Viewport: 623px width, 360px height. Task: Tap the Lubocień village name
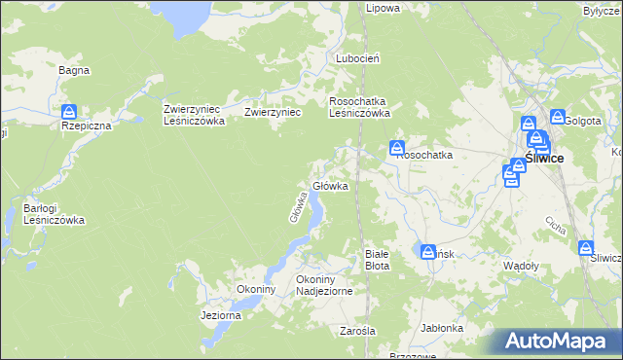tap(357, 58)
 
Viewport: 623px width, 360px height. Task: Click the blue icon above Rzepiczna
tap(68, 112)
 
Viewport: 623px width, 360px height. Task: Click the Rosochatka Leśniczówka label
tap(360, 106)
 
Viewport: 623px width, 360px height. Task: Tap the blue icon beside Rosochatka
tap(398, 149)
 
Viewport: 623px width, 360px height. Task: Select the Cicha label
tap(556, 227)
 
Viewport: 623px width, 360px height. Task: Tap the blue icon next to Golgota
tap(558, 117)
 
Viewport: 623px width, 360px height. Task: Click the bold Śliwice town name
tap(543, 159)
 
